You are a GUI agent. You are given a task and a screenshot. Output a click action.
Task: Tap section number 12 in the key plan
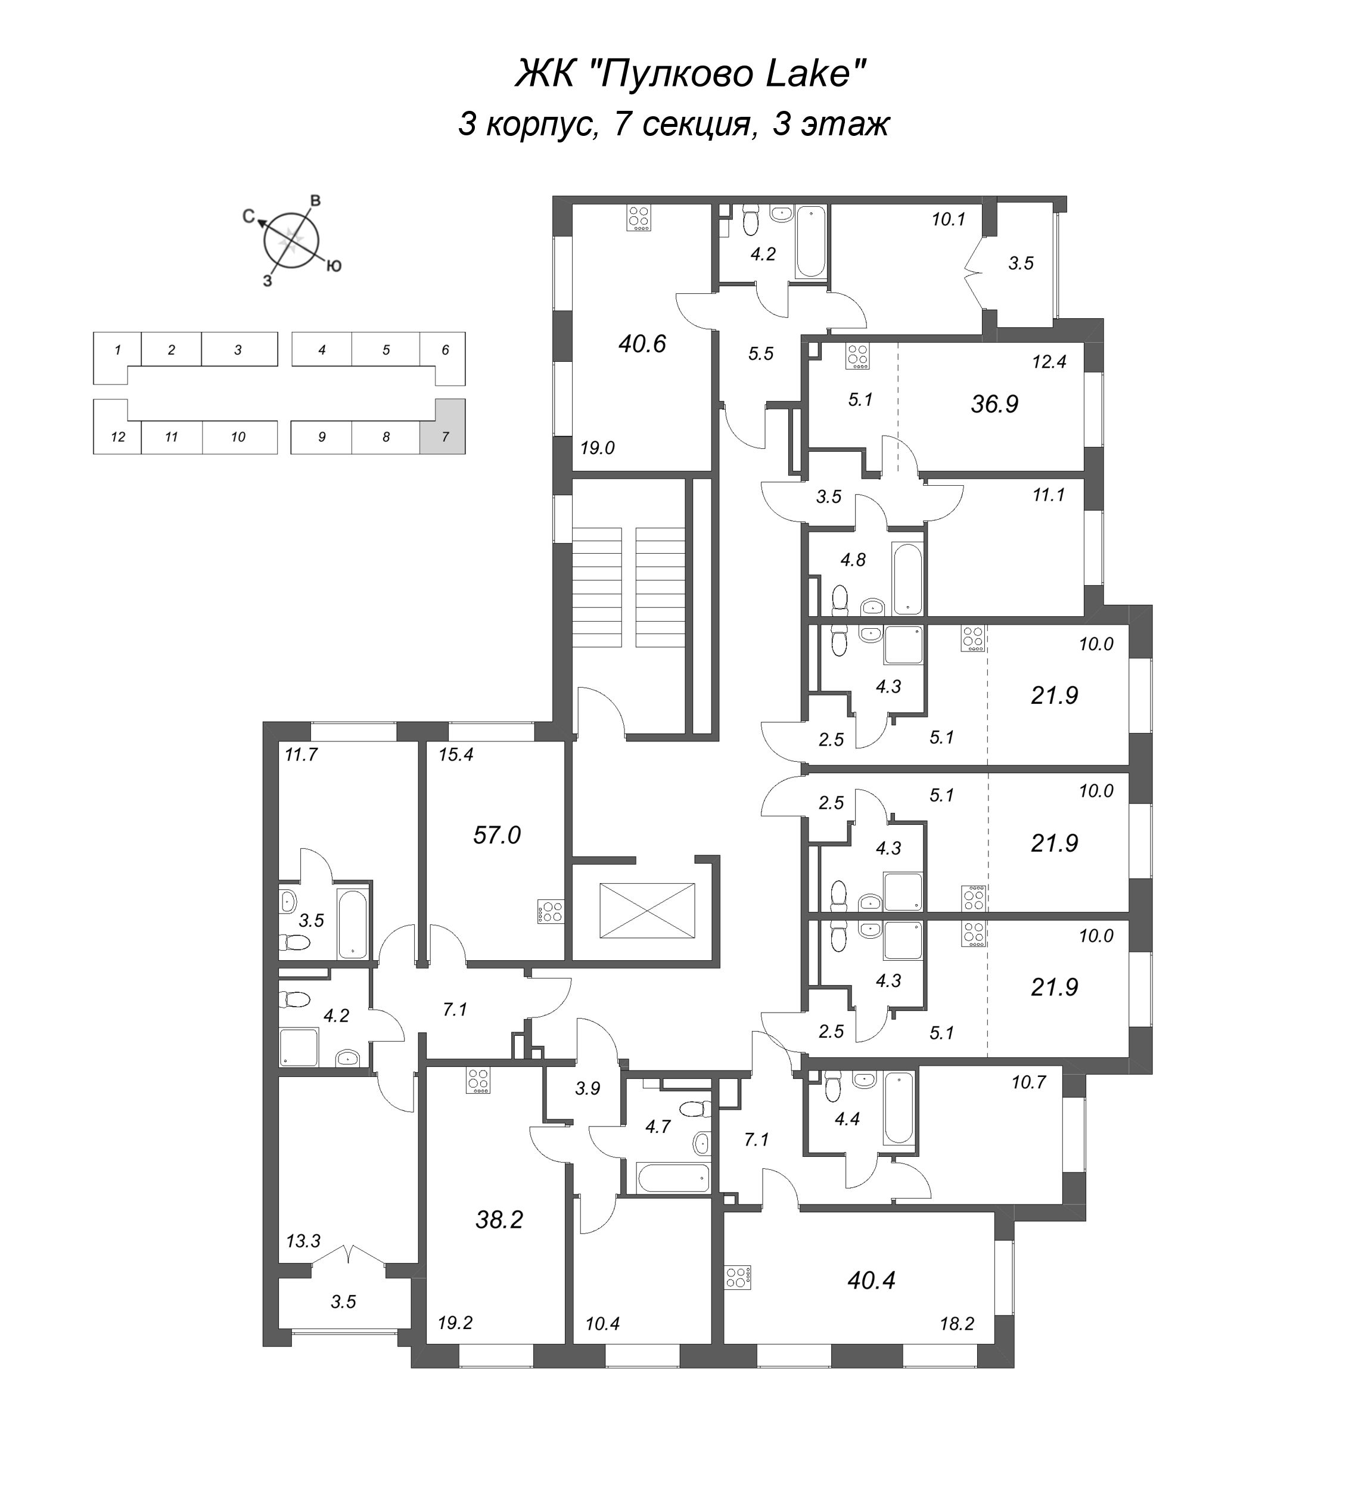click(117, 437)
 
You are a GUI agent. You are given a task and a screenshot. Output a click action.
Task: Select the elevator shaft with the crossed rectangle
click(647, 910)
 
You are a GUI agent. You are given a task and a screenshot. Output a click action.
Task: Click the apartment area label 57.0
click(496, 835)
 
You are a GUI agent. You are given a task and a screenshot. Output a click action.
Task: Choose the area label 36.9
click(994, 403)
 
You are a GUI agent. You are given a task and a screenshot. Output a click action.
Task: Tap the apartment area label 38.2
click(499, 1219)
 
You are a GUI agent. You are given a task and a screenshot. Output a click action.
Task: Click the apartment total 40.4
click(872, 1280)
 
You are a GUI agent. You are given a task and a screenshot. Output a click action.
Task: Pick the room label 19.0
click(598, 447)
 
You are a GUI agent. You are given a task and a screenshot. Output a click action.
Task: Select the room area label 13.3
click(303, 1241)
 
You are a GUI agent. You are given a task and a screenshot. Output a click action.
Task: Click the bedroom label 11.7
click(301, 755)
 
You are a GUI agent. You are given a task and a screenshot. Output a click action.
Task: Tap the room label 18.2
click(957, 1324)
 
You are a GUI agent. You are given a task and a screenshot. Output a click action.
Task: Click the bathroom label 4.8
click(853, 560)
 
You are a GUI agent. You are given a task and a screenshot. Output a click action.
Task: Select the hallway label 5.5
click(760, 354)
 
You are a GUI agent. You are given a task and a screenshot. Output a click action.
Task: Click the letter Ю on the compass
click(334, 266)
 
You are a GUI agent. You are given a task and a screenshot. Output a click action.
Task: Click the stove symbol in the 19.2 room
click(478, 1081)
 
